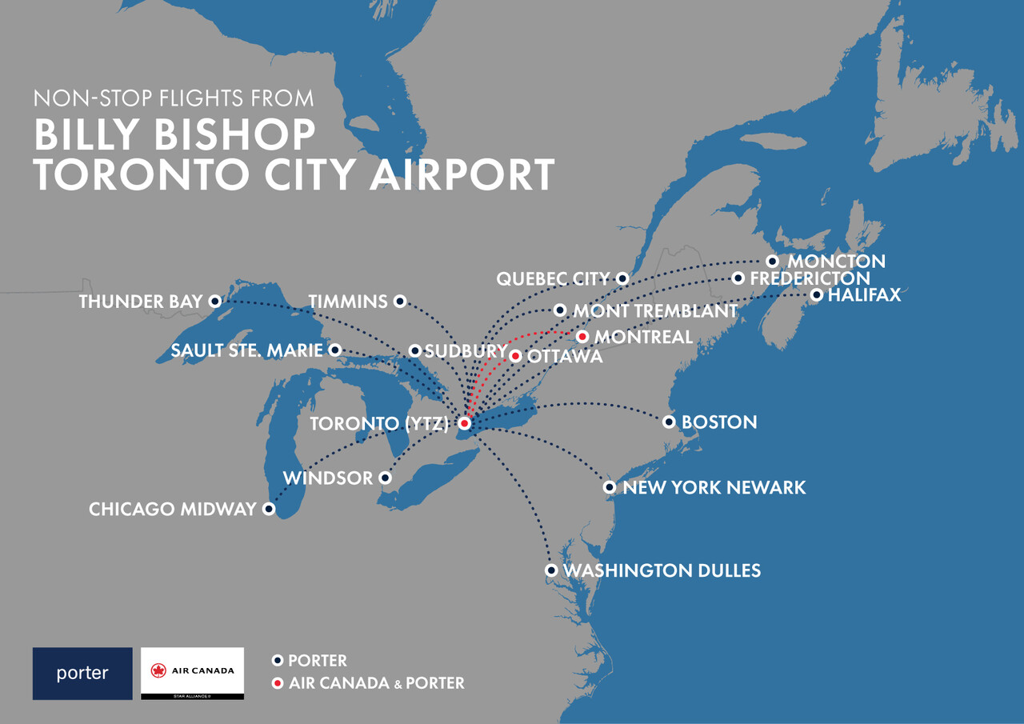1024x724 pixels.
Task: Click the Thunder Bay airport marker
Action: pyautogui.click(x=214, y=302)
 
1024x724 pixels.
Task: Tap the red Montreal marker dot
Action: pyautogui.click(x=582, y=337)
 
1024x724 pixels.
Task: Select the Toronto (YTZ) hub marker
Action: pyautogui.click(x=464, y=423)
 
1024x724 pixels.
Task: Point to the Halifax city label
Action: pyautogui.click(x=864, y=295)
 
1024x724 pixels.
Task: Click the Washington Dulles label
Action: pyautogui.click(x=662, y=570)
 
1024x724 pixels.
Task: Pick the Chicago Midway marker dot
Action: pyautogui.click(x=270, y=509)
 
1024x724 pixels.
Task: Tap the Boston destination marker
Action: pyautogui.click(x=669, y=422)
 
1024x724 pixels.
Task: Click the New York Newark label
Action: pyautogui.click(x=714, y=487)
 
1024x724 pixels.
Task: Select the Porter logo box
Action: pyautogui.click(x=82, y=674)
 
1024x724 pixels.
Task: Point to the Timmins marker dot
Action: pyautogui.click(x=401, y=302)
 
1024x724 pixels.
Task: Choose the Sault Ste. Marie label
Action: pyautogui.click(x=246, y=350)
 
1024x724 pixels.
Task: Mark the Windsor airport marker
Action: pyautogui.click(x=385, y=478)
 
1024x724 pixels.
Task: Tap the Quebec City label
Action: pyautogui.click(x=553, y=279)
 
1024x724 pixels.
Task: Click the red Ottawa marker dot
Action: pyautogui.click(x=516, y=356)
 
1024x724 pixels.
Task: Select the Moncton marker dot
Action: pyautogui.click(x=772, y=262)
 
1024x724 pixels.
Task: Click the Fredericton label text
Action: pyautogui.click(x=810, y=278)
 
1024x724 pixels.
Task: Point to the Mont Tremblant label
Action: pyautogui.click(x=655, y=310)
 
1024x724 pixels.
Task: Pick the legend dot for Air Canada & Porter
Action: pyautogui.click(x=278, y=683)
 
